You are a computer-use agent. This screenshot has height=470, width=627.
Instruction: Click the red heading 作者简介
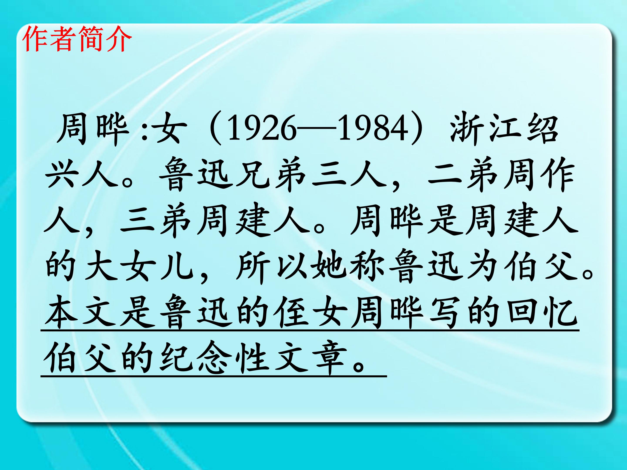coord(77,39)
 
